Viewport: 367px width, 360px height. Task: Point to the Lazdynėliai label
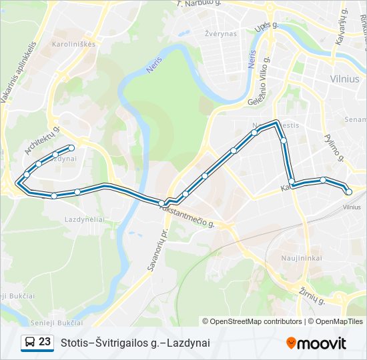[x=83, y=219]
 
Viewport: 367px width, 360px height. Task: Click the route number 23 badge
[x=45, y=341]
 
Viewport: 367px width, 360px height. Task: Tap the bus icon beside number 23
[x=29, y=342]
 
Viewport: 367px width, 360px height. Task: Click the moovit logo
[x=316, y=343]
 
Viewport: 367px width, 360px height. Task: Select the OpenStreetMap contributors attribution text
[x=253, y=321]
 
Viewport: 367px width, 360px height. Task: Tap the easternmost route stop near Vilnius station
[x=348, y=192]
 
